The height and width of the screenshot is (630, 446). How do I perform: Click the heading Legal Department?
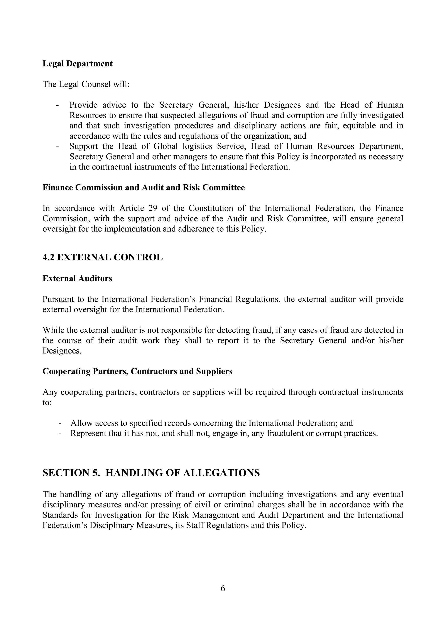click(78, 64)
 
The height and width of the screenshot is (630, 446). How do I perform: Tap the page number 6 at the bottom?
click(223, 588)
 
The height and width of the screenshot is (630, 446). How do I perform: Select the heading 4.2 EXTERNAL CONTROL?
click(103, 257)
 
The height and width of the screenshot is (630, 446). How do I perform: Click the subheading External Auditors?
click(77, 278)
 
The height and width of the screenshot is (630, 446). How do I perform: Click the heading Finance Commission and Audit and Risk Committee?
click(144, 188)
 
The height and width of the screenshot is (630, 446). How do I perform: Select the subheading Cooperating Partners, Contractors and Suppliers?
click(137, 371)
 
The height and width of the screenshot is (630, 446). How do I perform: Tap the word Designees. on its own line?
click(62, 351)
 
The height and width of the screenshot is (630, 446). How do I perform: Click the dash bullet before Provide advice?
click(57, 105)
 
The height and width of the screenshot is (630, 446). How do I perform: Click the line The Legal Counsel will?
click(86, 84)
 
